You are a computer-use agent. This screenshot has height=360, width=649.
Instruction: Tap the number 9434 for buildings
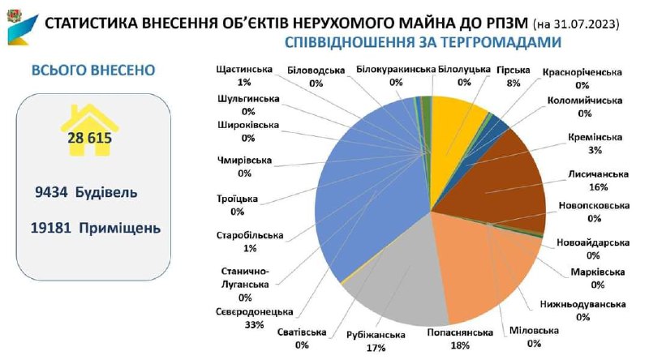51,192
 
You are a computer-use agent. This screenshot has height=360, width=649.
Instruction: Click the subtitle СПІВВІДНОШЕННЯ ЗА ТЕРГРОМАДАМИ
422,42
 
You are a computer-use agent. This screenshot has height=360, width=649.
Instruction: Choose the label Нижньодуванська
582,305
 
